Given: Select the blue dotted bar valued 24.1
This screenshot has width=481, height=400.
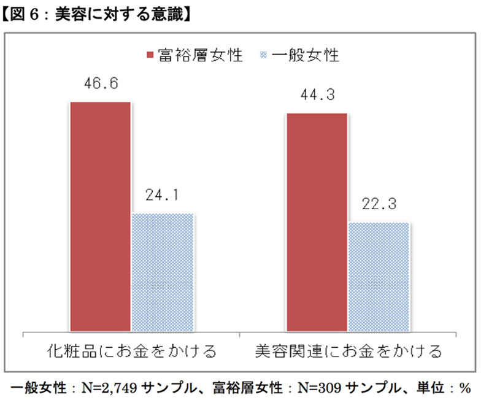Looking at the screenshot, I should point(163,272).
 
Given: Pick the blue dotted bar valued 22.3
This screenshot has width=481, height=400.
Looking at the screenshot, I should point(379,277).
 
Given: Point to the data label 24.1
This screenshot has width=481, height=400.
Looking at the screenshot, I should point(163,196).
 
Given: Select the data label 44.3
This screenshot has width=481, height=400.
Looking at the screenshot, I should point(317,95).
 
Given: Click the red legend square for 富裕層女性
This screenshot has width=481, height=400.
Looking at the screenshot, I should point(149,56).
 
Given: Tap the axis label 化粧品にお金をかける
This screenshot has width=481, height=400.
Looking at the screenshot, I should point(132,352).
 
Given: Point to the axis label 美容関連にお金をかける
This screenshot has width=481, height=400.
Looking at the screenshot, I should point(348,352).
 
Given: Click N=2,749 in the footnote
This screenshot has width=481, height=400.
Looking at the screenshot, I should point(109,388).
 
